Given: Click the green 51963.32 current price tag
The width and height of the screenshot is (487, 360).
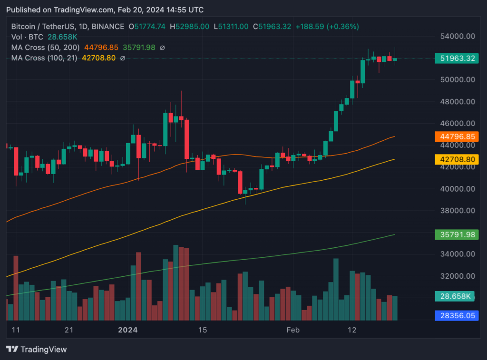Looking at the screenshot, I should pos(456,58).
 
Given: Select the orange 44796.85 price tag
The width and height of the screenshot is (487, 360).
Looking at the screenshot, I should pos(456,136).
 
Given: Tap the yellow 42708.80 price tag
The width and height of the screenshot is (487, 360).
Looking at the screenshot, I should pos(456,159).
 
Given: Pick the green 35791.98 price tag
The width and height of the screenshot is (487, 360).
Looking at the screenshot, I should pos(456,234).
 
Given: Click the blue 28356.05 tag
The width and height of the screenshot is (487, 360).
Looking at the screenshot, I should pos(456,315).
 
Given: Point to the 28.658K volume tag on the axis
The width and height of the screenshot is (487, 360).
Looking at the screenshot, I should pos(456,296).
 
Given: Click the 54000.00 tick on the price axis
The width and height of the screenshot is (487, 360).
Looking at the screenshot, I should pos(456,36).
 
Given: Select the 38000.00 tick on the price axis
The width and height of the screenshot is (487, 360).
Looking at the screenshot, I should pos(456,211).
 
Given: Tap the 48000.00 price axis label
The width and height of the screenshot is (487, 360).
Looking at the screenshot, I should pos(456,102).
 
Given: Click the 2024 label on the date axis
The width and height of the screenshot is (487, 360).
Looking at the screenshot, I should pos(127,330).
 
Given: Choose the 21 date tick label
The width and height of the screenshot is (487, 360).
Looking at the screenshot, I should pos(69,330).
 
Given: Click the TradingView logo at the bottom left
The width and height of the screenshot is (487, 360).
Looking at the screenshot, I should pos(37,350).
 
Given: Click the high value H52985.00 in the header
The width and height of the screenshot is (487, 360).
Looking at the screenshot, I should pos(189,27).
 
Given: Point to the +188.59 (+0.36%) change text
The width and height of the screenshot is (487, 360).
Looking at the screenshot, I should pos(327,27).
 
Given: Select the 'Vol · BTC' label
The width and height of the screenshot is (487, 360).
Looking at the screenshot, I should pos(26,37).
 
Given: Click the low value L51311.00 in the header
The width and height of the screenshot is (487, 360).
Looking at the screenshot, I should pos(231,27).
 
